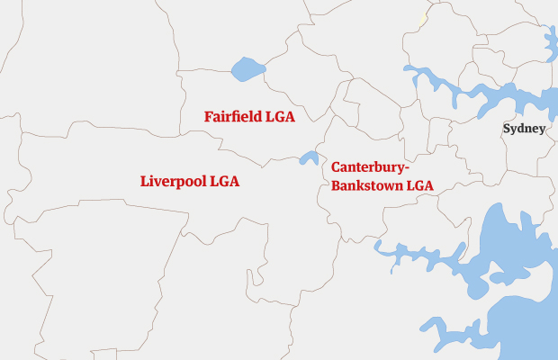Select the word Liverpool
173,181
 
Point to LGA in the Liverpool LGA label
223,181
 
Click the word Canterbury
367,167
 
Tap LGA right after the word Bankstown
419,186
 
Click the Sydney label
524,129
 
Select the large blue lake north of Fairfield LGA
247,68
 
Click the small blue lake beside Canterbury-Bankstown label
309,157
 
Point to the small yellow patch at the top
422,17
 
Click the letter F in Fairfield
209,117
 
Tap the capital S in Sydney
507,129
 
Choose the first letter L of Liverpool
145,181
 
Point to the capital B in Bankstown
336,186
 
